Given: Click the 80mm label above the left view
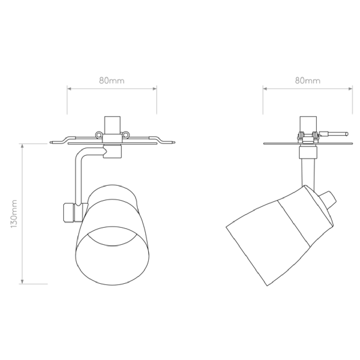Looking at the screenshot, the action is click(x=112, y=80).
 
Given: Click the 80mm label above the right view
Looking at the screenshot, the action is click(x=308, y=80).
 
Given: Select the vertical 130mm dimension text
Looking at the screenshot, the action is click(x=14, y=214).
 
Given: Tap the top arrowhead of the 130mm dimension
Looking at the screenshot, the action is click(x=22, y=146).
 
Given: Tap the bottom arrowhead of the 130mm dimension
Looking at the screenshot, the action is click(x=22, y=282).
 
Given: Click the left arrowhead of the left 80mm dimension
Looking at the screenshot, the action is click(x=69, y=89).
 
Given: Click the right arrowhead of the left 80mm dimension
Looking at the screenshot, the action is click(x=154, y=89).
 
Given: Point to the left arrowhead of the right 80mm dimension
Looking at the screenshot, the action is click(x=265, y=89).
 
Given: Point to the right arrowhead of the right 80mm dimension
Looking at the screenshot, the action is click(x=350, y=89).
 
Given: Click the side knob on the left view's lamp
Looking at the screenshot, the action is click(x=69, y=213).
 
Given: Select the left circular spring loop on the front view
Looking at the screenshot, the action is click(x=98, y=134).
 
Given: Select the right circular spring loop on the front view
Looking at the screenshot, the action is click(x=126, y=134).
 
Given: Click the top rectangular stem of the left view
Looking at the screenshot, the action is click(x=112, y=125).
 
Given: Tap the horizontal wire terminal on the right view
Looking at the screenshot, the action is click(x=333, y=134).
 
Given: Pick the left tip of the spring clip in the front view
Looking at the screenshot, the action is click(x=50, y=142).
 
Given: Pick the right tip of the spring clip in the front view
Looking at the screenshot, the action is click(x=175, y=142).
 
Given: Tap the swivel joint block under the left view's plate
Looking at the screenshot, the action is click(x=112, y=151).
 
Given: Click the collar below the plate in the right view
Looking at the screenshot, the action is click(x=308, y=153).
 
